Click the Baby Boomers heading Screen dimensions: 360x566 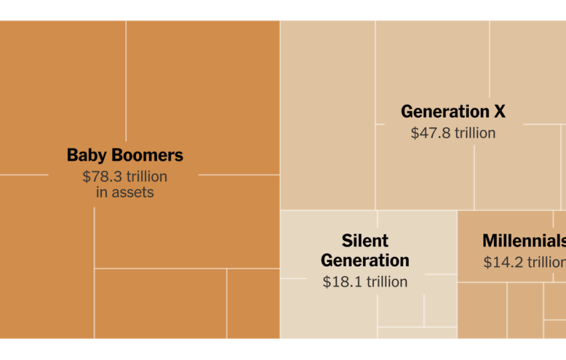point(125,156)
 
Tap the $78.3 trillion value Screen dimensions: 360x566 point(125,176)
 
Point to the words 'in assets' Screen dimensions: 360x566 point(125,192)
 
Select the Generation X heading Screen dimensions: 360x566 point(453,112)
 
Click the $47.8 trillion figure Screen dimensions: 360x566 point(453,132)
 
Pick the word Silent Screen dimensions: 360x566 point(365,240)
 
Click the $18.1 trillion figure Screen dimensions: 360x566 point(365,281)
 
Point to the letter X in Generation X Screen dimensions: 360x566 point(499,112)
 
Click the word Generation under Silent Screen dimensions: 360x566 point(365,260)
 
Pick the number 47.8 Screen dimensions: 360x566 point(429,132)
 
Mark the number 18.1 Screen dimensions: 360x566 point(340,281)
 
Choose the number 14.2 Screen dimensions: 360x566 point(501,262)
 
